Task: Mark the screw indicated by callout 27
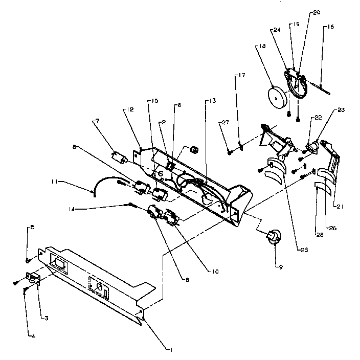[231, 150]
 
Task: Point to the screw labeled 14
[131, 205]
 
